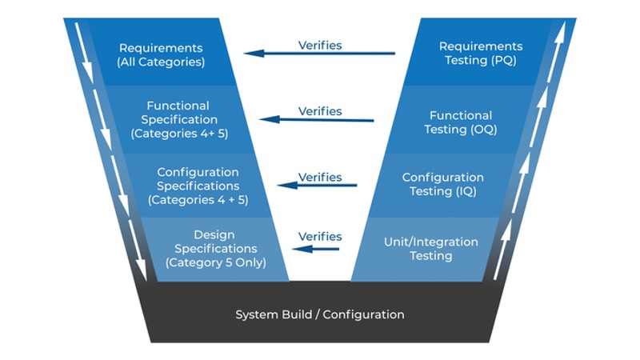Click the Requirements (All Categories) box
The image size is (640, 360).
161,54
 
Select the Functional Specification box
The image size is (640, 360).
178,119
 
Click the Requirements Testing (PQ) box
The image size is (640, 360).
481,54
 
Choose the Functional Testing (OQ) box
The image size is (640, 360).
461,122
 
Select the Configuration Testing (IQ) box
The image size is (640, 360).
442,184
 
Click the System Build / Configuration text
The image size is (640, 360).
319,314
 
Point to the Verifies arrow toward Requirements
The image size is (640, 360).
320,54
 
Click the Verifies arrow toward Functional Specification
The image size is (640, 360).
320,120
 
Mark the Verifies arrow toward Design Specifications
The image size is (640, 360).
316,248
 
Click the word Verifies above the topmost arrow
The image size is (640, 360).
320,45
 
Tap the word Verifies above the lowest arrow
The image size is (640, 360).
320,236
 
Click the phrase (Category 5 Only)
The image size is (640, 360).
215,262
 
